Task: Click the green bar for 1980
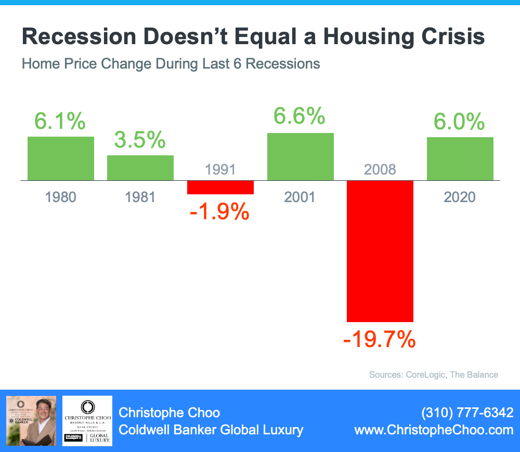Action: point(61,158)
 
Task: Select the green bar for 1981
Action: point(140,167)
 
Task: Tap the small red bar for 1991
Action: point(220,188)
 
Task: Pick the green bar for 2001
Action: point(301,156)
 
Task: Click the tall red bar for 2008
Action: point(380,251)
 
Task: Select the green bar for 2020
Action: point(460,158)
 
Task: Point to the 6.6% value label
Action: point(300,117)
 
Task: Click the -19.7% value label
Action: point(380,340)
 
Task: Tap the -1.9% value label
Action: point(220,212)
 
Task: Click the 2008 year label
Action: point(380,169)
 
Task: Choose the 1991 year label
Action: point(220,169)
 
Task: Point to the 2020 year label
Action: point(460,197)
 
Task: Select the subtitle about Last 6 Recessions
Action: point(171,64)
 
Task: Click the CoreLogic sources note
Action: point(434,375)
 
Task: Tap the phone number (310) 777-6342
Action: point(467,413)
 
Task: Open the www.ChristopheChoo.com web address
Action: point(434,430)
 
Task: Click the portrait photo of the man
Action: point(31,420)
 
